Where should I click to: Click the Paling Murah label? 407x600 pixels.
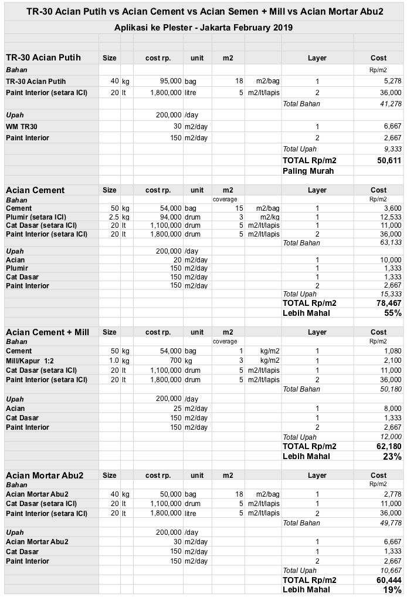308,171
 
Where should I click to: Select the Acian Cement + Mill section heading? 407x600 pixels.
48,332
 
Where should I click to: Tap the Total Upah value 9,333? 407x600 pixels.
392,149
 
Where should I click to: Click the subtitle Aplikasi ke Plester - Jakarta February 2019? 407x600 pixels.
203,28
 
